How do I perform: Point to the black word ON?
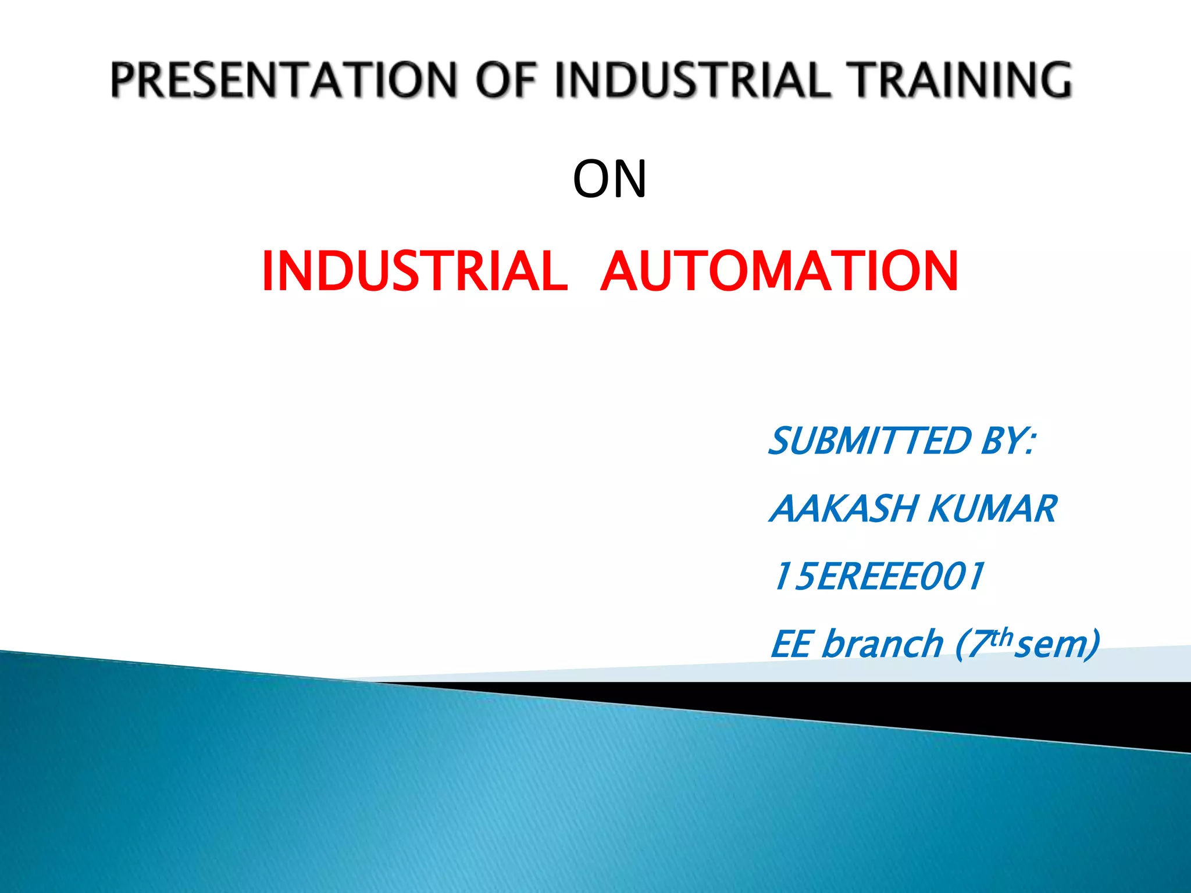point(609,179)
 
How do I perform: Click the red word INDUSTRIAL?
point(415,271)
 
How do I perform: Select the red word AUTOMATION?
point(779,271)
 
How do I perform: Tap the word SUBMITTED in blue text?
point(870,441)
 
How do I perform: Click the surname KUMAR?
point(992,509)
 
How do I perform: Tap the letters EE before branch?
point(791,644)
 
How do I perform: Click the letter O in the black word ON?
point(592,179)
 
